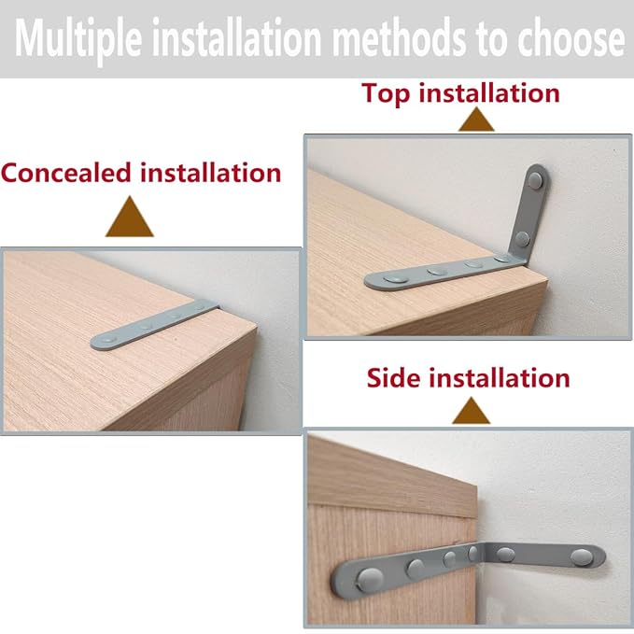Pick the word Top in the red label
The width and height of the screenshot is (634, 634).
(x=387, y=93)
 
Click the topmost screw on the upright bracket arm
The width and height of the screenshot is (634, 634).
(x=536, y=175)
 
